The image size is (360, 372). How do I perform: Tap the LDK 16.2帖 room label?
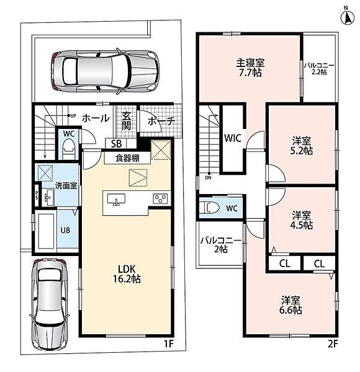click(127, 274)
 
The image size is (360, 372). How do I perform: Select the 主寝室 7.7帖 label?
click(250, 68)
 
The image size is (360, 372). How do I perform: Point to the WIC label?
click(233, 138)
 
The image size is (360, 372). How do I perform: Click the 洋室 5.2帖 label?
click(302, 146)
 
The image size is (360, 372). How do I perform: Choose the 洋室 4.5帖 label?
click(302, 220)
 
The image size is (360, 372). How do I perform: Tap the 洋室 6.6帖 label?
click(290, 305)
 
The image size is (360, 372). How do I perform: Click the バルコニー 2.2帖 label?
click(319, 69)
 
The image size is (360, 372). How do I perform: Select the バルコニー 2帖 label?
click(221, 245)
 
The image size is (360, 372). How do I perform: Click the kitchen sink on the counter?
click(116, 199)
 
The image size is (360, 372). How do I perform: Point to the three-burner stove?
click(160, 198)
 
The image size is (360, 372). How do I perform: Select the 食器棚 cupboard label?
click(127, 158)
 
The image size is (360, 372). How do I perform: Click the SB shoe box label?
click(116, 144)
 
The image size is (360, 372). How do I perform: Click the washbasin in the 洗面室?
click(48, 197)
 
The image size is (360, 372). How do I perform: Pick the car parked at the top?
click(104, 71)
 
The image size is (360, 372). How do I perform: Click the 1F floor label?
click(169, 343)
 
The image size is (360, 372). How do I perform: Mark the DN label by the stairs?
click(208, 178)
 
